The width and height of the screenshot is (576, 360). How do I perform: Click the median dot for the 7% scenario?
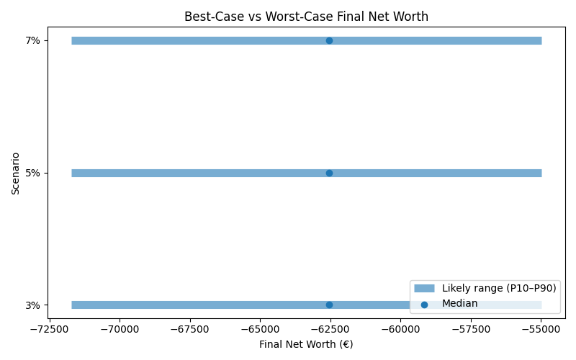pos(329,40)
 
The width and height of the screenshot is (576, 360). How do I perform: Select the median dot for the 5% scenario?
pos(329,173)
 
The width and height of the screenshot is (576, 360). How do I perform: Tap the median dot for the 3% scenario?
pos(329,305)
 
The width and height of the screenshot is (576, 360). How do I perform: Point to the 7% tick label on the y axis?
pos(33,40)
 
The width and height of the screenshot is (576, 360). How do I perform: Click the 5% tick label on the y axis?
pos(33,173)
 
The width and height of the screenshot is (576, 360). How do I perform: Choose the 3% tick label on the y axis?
pos(33,305)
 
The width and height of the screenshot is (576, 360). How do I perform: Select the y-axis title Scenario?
pos(15,173)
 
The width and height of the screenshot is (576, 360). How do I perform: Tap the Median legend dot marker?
pos(424,305)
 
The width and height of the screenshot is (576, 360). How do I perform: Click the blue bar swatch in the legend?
pos(424,288)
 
